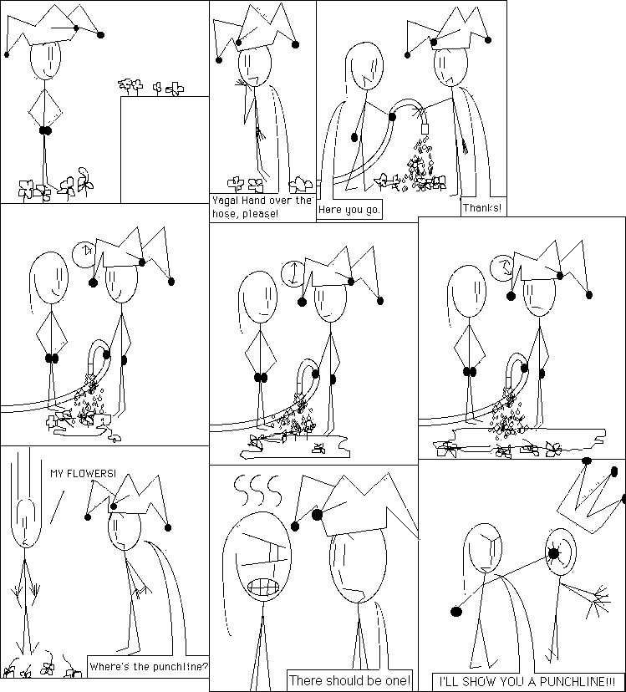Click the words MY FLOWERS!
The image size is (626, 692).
tap(83, 474)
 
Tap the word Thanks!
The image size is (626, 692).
tap(482, 207)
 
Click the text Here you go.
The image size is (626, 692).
tap(349, 210)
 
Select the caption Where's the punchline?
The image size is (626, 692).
tap(148, 666)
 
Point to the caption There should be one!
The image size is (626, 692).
tap(349, 680)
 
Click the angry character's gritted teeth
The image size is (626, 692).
tap(264, 588)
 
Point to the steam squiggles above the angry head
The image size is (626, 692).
tap(257, 489)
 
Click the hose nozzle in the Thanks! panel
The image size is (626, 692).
tap(425, 129)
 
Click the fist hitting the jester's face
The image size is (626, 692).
tap(553, 552)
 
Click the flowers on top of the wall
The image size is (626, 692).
tap(150, 87)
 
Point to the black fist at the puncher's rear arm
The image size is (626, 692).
tap(456, 611)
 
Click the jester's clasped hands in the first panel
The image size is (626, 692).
tap(45, 130)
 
